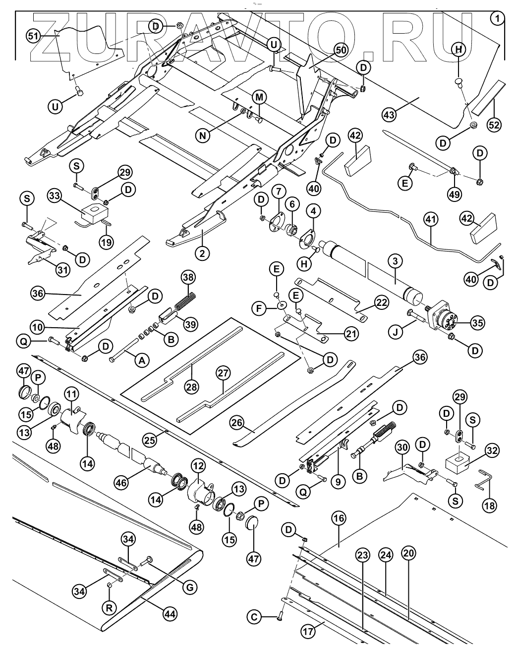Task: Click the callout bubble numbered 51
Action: pos(33,36)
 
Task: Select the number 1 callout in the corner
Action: pos(497,18)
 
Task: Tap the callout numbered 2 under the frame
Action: pos(202,254)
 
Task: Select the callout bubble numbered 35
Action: pos(477,324)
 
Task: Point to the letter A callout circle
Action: pos(142,360)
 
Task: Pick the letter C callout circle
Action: pos(254,617)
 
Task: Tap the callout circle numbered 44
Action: pos(170,614)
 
